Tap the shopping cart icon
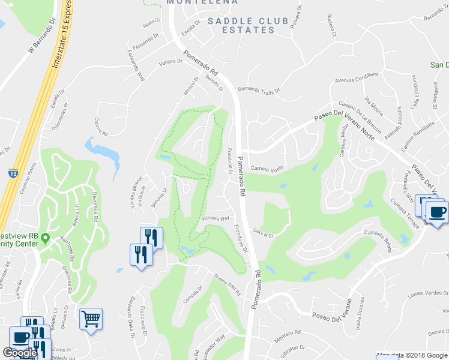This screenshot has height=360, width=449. point(91,319)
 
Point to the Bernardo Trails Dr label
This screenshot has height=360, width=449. point(259,91)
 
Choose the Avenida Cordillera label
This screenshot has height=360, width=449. point(357,78)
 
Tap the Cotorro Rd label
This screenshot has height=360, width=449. point(100,126)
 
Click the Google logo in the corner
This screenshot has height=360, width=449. point(20,353)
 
